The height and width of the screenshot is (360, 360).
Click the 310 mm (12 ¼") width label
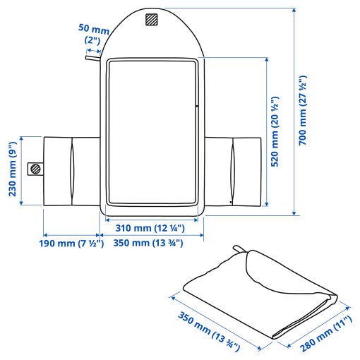coord(150,228)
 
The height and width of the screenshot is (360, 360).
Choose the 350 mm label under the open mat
coord(150,244)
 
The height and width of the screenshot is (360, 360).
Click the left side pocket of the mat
coord(69,172)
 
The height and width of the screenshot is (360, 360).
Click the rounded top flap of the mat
coord(152,32)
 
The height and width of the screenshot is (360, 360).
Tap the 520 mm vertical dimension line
coord(266,134)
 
